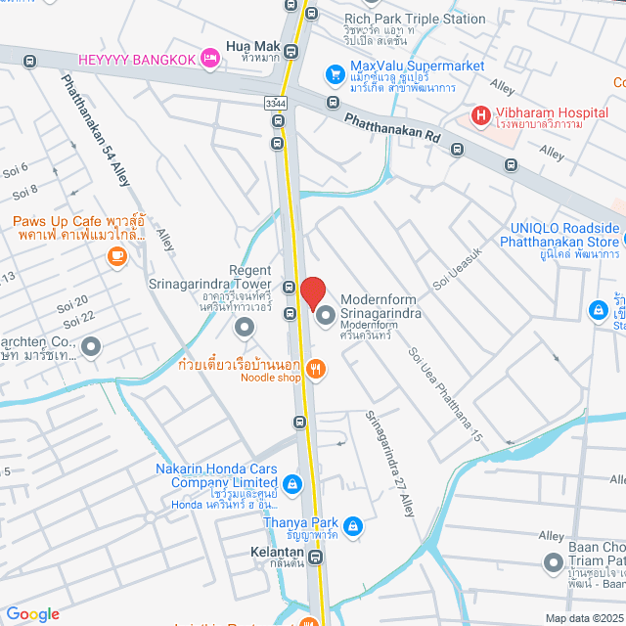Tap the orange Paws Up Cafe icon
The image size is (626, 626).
click(x=117, y=256)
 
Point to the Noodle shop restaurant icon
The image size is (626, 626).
click(x=315, y=369)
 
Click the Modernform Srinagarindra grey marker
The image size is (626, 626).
click(x=325, y=313)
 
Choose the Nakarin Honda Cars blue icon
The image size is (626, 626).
click(x=291, y=483)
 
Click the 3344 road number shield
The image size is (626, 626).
click(x=275, y=101)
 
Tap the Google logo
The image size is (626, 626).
click(x=32, y=614)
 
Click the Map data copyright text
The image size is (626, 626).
click(x=583, y=618)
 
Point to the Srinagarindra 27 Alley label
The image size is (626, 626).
click(x=389, y=463)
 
